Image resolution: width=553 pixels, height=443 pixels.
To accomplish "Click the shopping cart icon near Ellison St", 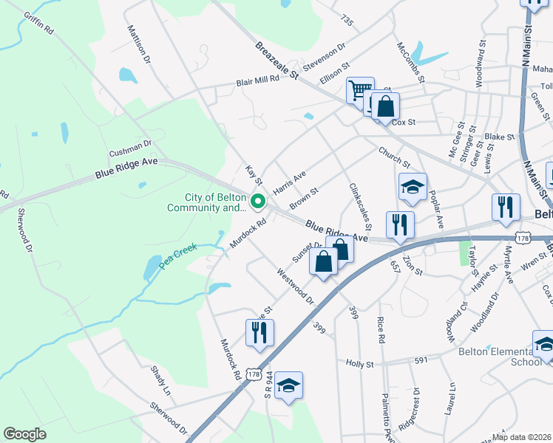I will pyautogui.click(x=360, y=91).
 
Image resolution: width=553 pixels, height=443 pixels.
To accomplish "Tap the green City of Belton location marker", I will pyautogui.click(x=258, y=201).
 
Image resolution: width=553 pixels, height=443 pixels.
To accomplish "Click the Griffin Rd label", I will pyautogui.click(x=39, y=23).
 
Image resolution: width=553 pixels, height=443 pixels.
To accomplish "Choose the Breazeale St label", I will pyautogui.click(x=276, y=61).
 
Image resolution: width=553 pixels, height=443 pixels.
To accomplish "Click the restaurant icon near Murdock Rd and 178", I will pyautogui.click(x=259, y=333).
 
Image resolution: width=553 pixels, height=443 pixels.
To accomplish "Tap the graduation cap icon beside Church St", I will pyautogui.click(x=413, y=188).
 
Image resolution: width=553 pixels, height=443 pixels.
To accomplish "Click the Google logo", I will pyautogui.click(x=24, y=434).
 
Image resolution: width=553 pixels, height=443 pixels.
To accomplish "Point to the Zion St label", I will pyautogui.click(x=413, y=267).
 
